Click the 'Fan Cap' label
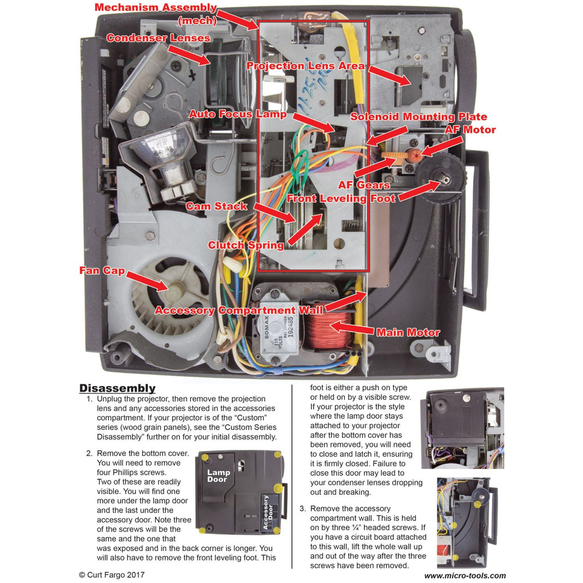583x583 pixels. point(102,270)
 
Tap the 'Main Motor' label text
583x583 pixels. point(408,332)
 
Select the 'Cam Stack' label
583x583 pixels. point(216,206)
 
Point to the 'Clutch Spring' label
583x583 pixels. point(245,245)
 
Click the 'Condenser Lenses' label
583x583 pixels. point(158,38)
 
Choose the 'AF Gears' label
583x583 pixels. point(364,185)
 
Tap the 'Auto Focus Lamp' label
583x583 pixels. point(237,114)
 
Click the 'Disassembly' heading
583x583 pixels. point(117,388)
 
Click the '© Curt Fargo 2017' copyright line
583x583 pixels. point(112,574)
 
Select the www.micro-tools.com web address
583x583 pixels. point(465,576)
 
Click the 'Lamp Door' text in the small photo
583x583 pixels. point(218,476)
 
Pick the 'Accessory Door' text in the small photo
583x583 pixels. point(265,512)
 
